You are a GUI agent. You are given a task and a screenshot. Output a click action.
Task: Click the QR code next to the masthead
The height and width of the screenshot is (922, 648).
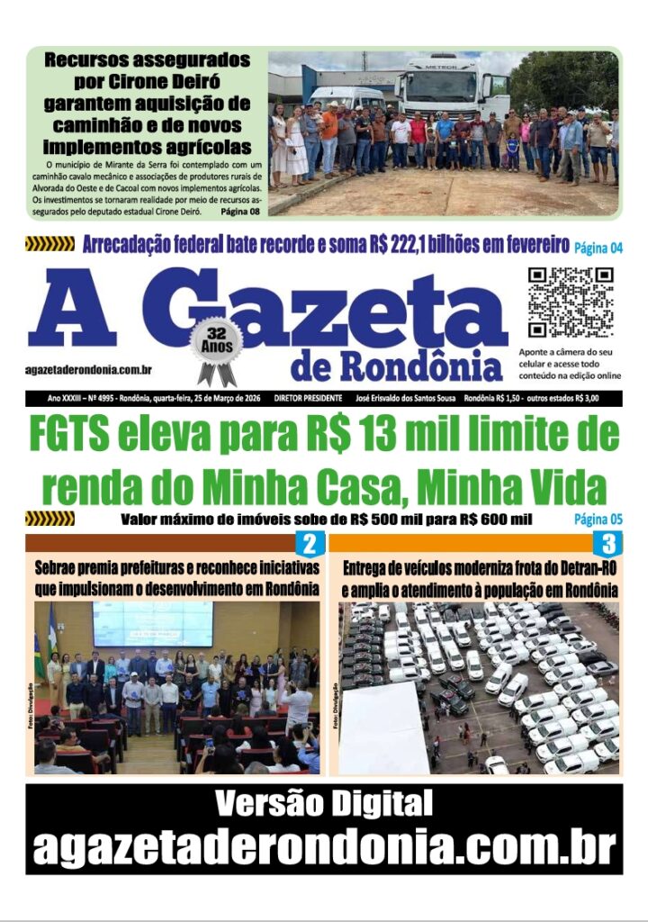570,302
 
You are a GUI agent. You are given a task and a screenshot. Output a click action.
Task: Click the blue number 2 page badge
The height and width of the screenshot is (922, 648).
310,544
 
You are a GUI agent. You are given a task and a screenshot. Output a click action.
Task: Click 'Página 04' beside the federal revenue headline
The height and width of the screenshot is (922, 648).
598,247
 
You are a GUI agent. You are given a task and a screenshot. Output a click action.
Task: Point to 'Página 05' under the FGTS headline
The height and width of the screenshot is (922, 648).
598,520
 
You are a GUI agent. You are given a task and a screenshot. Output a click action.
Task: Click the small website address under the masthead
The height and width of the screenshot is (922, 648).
88,369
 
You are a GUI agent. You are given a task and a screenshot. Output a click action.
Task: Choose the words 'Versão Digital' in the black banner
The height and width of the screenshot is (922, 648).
323,802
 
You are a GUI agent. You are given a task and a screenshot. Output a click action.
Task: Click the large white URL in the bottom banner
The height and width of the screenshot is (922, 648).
323,846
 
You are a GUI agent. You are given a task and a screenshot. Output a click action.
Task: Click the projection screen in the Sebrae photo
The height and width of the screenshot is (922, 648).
152,624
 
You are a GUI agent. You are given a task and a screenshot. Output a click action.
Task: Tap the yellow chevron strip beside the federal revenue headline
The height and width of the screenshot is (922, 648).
49,244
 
